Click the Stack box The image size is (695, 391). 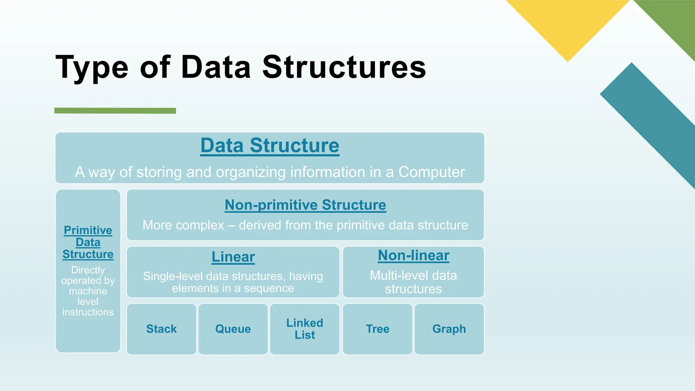coord(162,329)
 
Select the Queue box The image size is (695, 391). coord(233,329)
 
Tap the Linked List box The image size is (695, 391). coord(305,329)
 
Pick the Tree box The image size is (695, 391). coord(378,329)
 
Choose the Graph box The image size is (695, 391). coord(449,329)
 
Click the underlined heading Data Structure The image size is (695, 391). coord(270,146)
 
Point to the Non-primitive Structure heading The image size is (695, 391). coord(305,205)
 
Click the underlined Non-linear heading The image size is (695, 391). coord(413,256)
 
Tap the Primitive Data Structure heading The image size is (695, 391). coord(88,242)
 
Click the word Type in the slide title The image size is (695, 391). coord(92,68)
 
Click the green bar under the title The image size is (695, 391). coord(115,111)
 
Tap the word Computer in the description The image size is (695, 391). coord(432,172)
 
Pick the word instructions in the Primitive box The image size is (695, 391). coord(88,312)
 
